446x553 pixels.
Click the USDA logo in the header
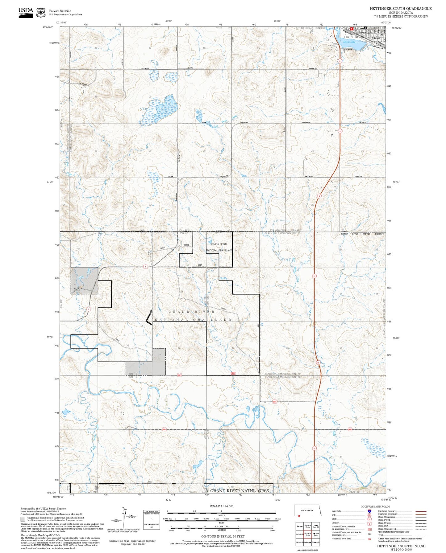click(x=26, y=12)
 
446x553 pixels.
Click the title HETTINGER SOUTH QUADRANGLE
click(x=400, y=9)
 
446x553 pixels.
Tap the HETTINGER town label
click(x=353, y=37)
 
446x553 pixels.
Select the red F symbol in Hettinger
click(x=351, y=28)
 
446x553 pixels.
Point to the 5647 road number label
click(x=200, y=265)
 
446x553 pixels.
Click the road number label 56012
click(x=224, y=309)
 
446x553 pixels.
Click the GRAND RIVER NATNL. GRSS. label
click(x=240, y=491)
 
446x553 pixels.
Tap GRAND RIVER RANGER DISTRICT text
click(x=362, y=234)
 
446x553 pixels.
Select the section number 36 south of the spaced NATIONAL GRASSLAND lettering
click(x=179, y=349)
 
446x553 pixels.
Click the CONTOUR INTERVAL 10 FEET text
click(x=223, y=536)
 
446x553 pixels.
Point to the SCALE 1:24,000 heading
click(x=222, y=506)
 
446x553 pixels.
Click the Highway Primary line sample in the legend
click(x=421, y=511)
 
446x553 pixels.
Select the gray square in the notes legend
click(x=23, y=519)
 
